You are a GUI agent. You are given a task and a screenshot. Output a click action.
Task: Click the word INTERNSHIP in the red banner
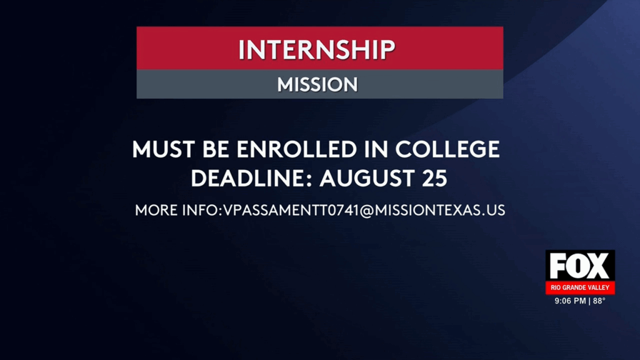pos(317,49)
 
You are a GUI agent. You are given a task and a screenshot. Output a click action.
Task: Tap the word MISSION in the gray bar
pos(317,84)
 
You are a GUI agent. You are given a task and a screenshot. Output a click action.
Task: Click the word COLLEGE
pos(448,150)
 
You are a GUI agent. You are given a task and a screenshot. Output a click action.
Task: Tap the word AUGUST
pos(366,179)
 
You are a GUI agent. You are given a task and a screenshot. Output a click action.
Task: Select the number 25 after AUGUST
pos(432,179)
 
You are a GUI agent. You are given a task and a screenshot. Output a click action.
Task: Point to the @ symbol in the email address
pos(367,211)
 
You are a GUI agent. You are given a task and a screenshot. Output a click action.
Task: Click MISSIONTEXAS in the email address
pos(425,211)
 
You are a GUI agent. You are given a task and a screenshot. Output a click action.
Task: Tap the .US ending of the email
pos(492,211)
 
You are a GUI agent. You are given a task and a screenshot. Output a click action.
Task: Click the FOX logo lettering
pos(579,266)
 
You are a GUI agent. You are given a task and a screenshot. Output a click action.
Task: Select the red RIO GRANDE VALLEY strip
pos(579,288)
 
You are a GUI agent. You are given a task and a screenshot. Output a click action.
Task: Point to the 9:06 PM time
pos(570,301)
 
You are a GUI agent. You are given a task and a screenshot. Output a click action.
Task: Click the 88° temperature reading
pos(599,301)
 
